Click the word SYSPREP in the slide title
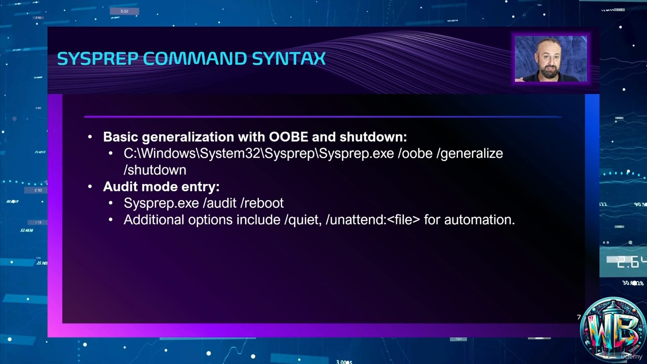pos(98,59)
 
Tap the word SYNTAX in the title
pos(289,59)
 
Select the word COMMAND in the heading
pos(195,59)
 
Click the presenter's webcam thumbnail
pos(551,59)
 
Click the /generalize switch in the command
pos(470,154)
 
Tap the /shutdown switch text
pos(155,170)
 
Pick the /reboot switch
pos(262,203)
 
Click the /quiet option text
pos(303,220)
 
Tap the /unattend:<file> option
pos(373,220)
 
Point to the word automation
pos(480,220)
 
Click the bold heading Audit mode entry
pos(161,187)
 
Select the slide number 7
pos(579,317)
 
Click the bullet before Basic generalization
pos(90,137)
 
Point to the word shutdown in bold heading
pos(373,137)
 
